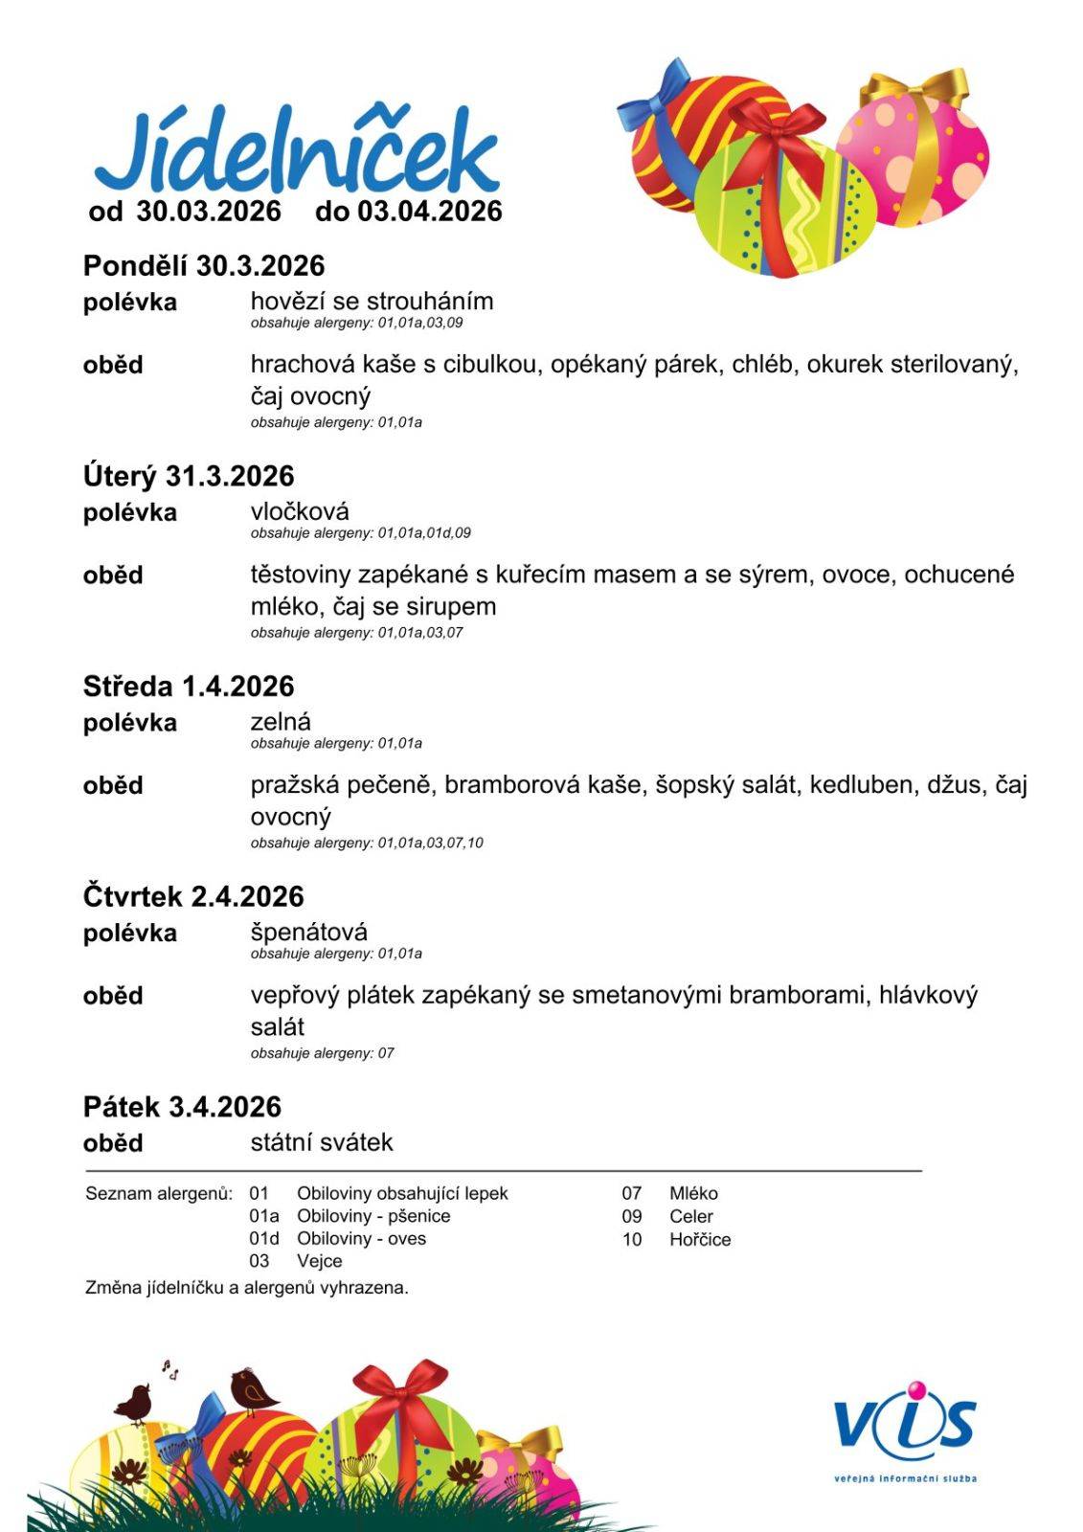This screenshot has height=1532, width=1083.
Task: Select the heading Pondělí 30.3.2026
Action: (x=204, y=265)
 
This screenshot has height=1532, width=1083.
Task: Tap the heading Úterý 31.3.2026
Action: (x=189, y=476)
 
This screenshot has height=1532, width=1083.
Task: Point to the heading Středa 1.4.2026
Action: (x=189, y=687)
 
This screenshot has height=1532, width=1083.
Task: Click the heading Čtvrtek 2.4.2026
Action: (x=193, y=897)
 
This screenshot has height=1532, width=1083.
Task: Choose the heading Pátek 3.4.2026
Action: (x=182, y=1107)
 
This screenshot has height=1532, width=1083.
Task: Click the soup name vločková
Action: (x=300, y=511)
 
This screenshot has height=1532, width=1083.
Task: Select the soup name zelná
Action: (x=281, y=722)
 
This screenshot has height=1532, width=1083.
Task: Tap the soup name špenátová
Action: (x=309, y=932)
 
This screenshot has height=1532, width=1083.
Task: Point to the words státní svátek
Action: (x=322, y=1142)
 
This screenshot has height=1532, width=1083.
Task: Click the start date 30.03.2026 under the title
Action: (x=209, y=212)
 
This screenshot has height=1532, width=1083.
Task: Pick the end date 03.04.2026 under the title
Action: (x=430, y=212)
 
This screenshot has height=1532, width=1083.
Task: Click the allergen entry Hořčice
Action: (x=700, y=1240)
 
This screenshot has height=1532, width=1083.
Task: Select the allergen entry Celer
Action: (x=691, y=1217)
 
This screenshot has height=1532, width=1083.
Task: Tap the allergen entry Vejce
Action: (x=319, y=1262)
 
